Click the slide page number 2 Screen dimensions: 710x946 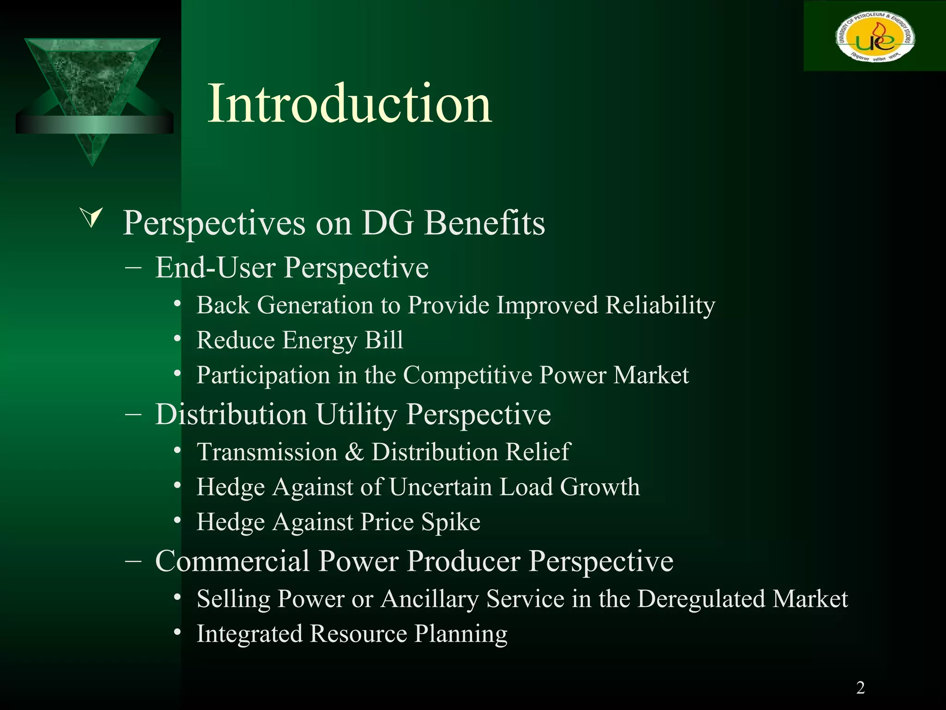coord(860,688)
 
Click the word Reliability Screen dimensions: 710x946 coord(660,306)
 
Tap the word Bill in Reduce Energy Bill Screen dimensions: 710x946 coord(384,340)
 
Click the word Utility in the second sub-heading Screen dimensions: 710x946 coord(356,414)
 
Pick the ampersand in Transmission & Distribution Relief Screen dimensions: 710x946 coord(354,452)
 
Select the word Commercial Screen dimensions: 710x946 coord(232,561)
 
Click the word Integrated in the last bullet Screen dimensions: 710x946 coord(249,634)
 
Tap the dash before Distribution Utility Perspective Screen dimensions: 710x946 coord(133,414)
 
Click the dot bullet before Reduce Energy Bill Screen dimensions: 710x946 coord(177,339)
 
